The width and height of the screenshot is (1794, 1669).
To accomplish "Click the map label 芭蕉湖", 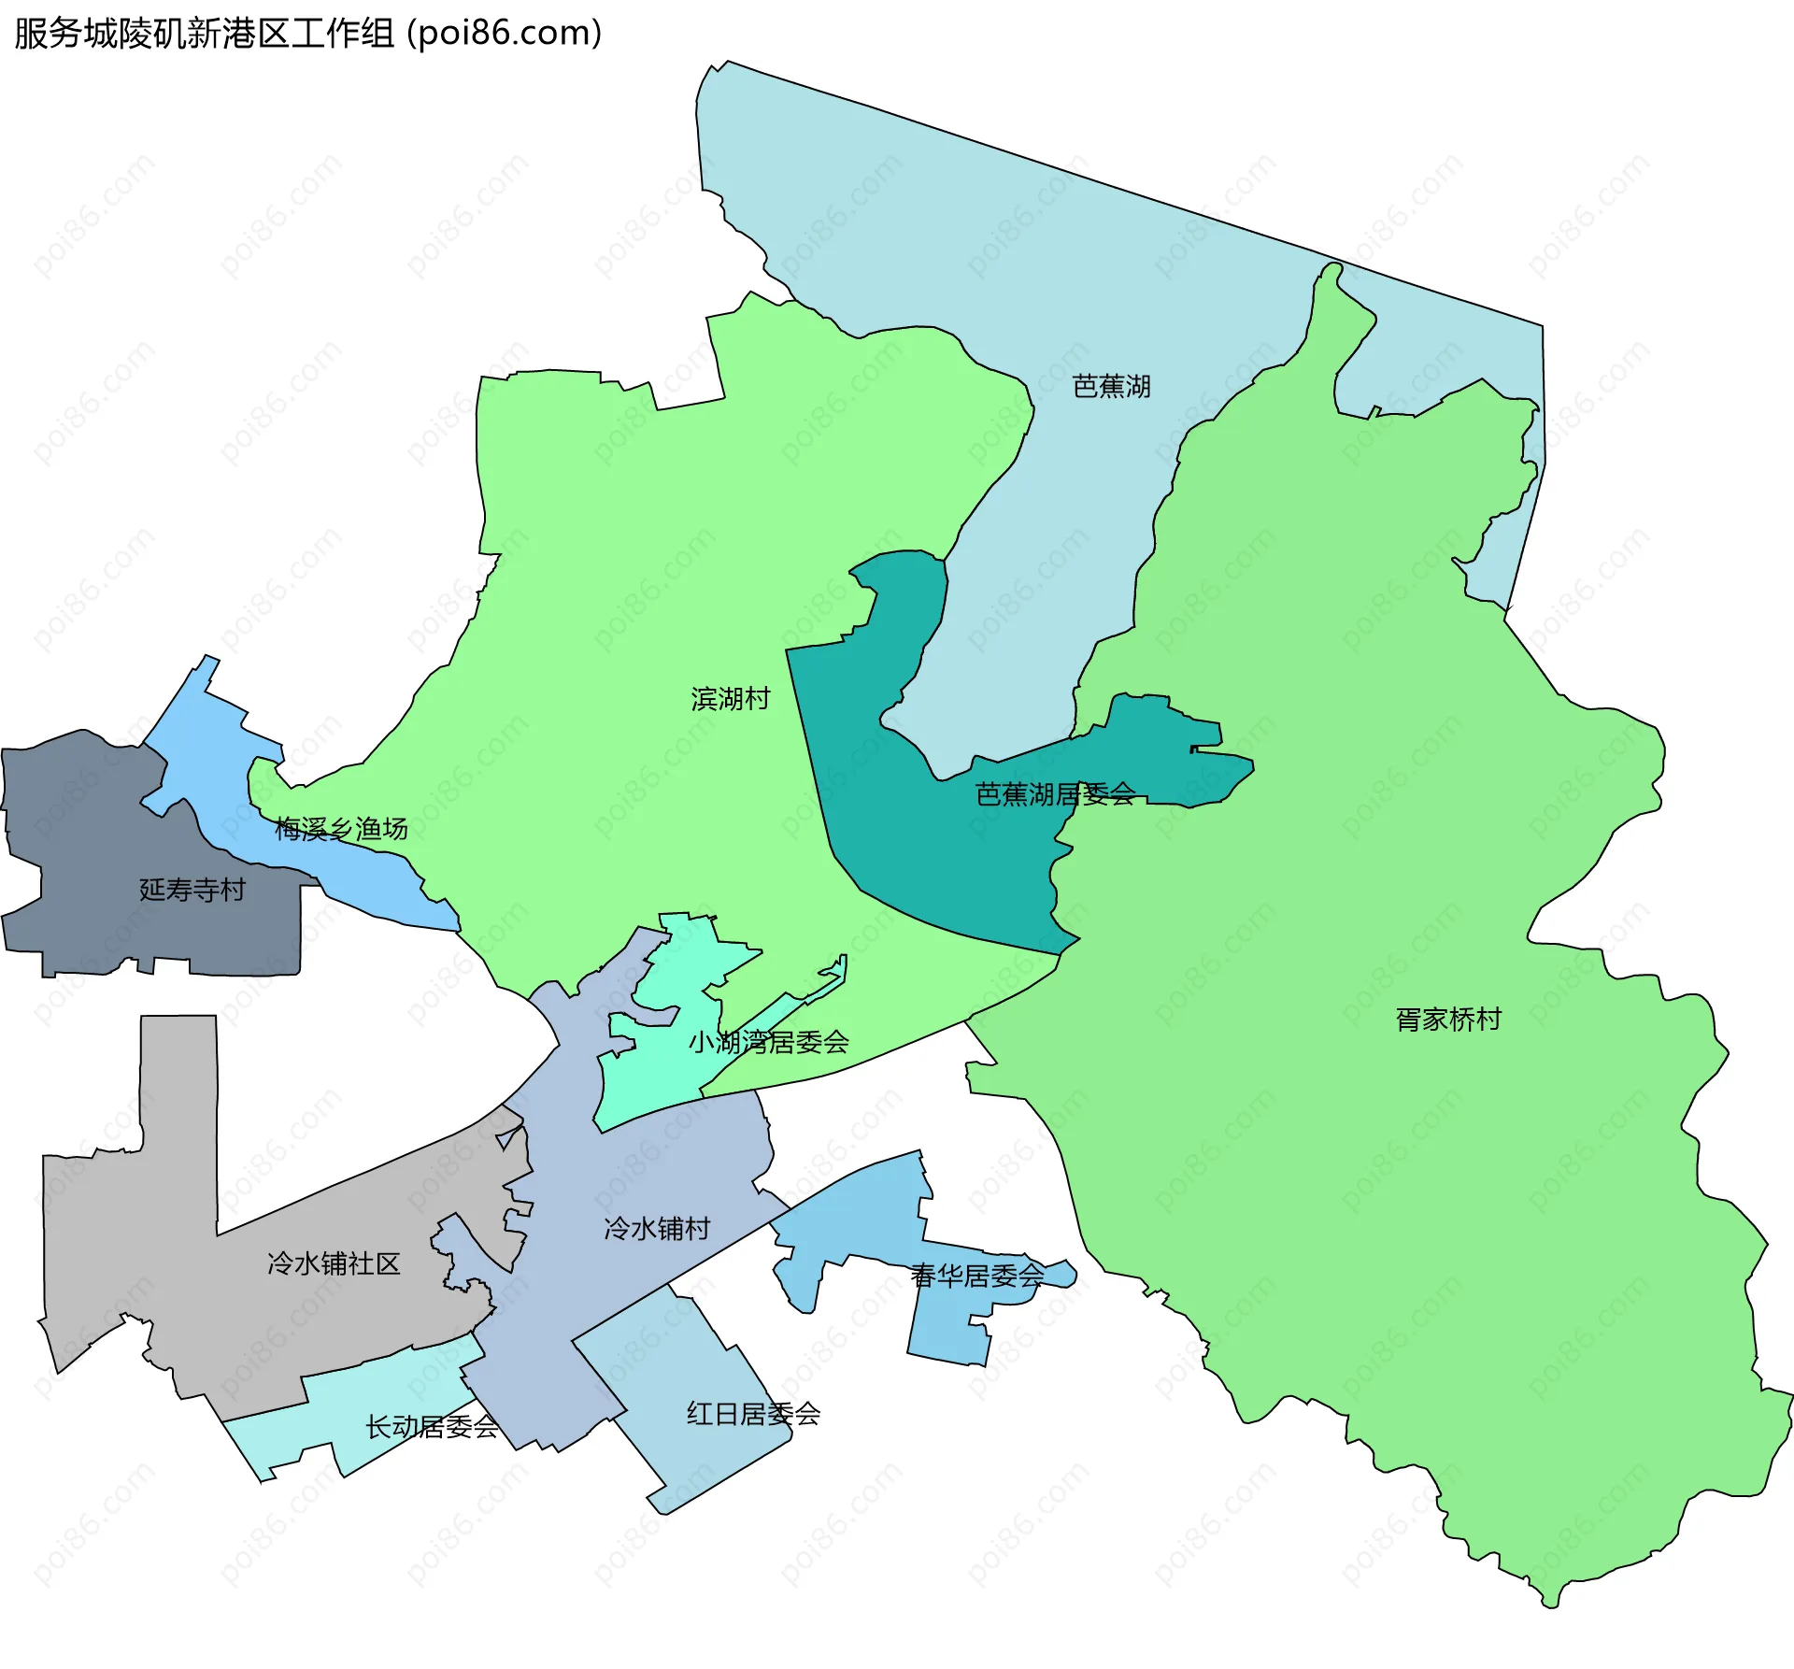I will point(1111,386).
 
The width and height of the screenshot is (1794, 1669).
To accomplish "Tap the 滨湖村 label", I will point(731,698).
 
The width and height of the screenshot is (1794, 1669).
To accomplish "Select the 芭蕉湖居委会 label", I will point(1055,794).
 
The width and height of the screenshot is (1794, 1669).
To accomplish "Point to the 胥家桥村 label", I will point(1448,1019).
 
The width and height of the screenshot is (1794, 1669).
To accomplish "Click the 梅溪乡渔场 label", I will point(341,829).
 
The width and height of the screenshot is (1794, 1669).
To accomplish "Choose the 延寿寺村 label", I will point(192,890).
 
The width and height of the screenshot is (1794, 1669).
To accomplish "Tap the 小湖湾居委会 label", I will point(768,1042).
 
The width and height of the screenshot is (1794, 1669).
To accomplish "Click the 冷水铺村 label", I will point(657,1228).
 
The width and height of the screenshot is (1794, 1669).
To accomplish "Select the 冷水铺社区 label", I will point(334,1263).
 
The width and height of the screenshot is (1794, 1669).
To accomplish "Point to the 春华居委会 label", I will point(977,1276).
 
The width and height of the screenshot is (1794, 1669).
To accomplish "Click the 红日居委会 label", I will point(753,1414).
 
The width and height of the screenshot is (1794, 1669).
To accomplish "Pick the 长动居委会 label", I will point(432,1427).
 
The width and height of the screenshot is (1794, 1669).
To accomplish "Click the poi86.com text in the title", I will point(505,34).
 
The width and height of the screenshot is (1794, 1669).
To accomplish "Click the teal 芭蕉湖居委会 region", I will point(934,860).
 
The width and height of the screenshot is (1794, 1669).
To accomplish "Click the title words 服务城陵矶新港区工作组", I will point(204,34).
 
